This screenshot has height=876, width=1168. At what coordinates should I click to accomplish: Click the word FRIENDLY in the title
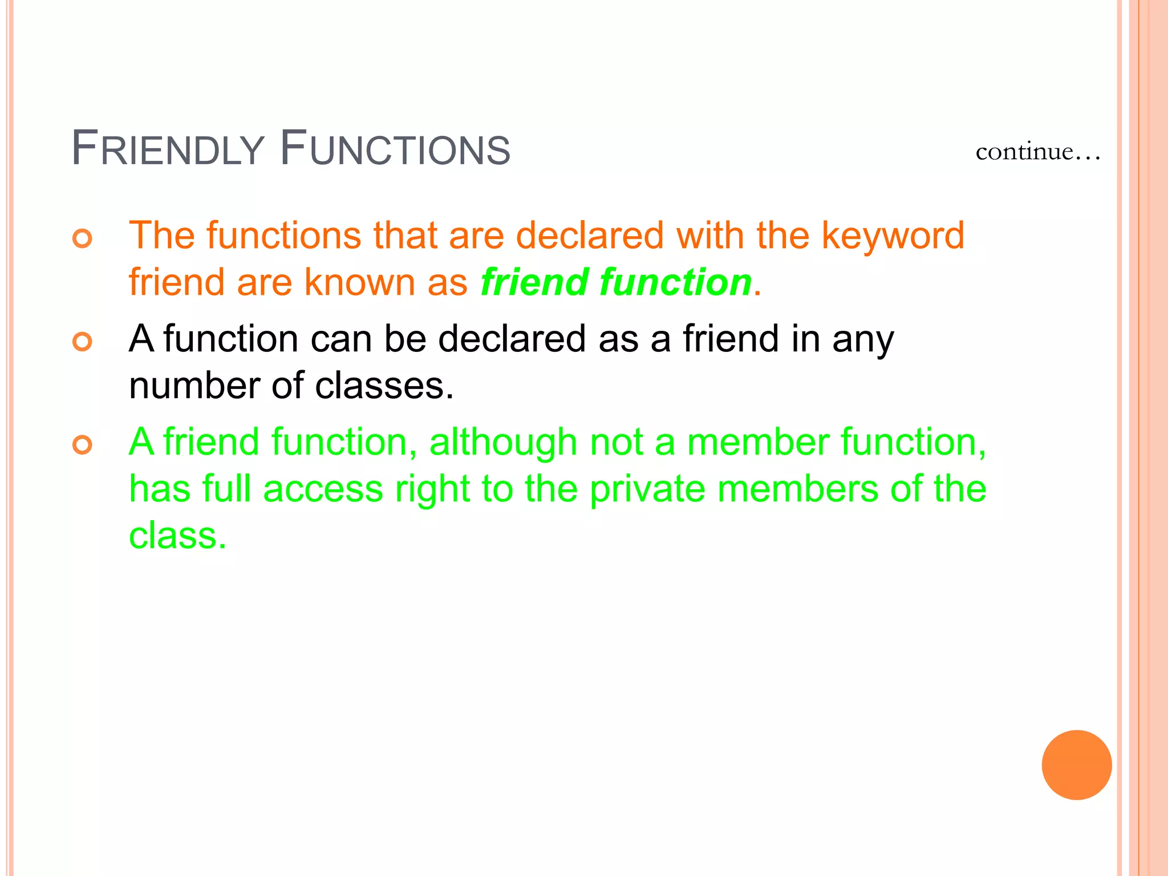[x=168, y=149]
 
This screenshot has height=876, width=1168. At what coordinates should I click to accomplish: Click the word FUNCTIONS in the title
[x=395, y=149]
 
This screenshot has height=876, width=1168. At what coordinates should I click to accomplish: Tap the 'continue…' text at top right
[x=1037, y=152]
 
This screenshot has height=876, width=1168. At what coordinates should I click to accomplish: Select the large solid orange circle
[x=1076, y=765]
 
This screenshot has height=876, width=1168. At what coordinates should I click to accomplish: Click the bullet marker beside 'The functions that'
[x=83, y=238]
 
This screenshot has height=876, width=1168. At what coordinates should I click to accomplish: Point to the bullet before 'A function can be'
[x=83, y=342]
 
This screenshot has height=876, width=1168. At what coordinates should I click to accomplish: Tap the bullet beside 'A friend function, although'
[x=83, y=445]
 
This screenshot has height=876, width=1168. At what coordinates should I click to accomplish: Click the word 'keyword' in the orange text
[x=893, y=236]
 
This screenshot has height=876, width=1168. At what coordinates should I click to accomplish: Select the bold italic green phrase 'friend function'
[x=615, y=282]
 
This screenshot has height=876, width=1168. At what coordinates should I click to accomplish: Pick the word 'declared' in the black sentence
[x=512, y=339]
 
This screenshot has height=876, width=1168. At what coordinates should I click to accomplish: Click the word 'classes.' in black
[x=384, y=386]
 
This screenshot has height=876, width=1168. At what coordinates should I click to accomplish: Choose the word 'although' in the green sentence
[x=503, y=442]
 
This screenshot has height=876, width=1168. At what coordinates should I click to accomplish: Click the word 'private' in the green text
[x=647, y=489]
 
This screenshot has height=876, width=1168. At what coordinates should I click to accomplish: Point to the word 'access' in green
[x=323, y=489]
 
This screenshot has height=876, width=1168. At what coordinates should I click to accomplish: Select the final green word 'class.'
[x=177, y=536]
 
